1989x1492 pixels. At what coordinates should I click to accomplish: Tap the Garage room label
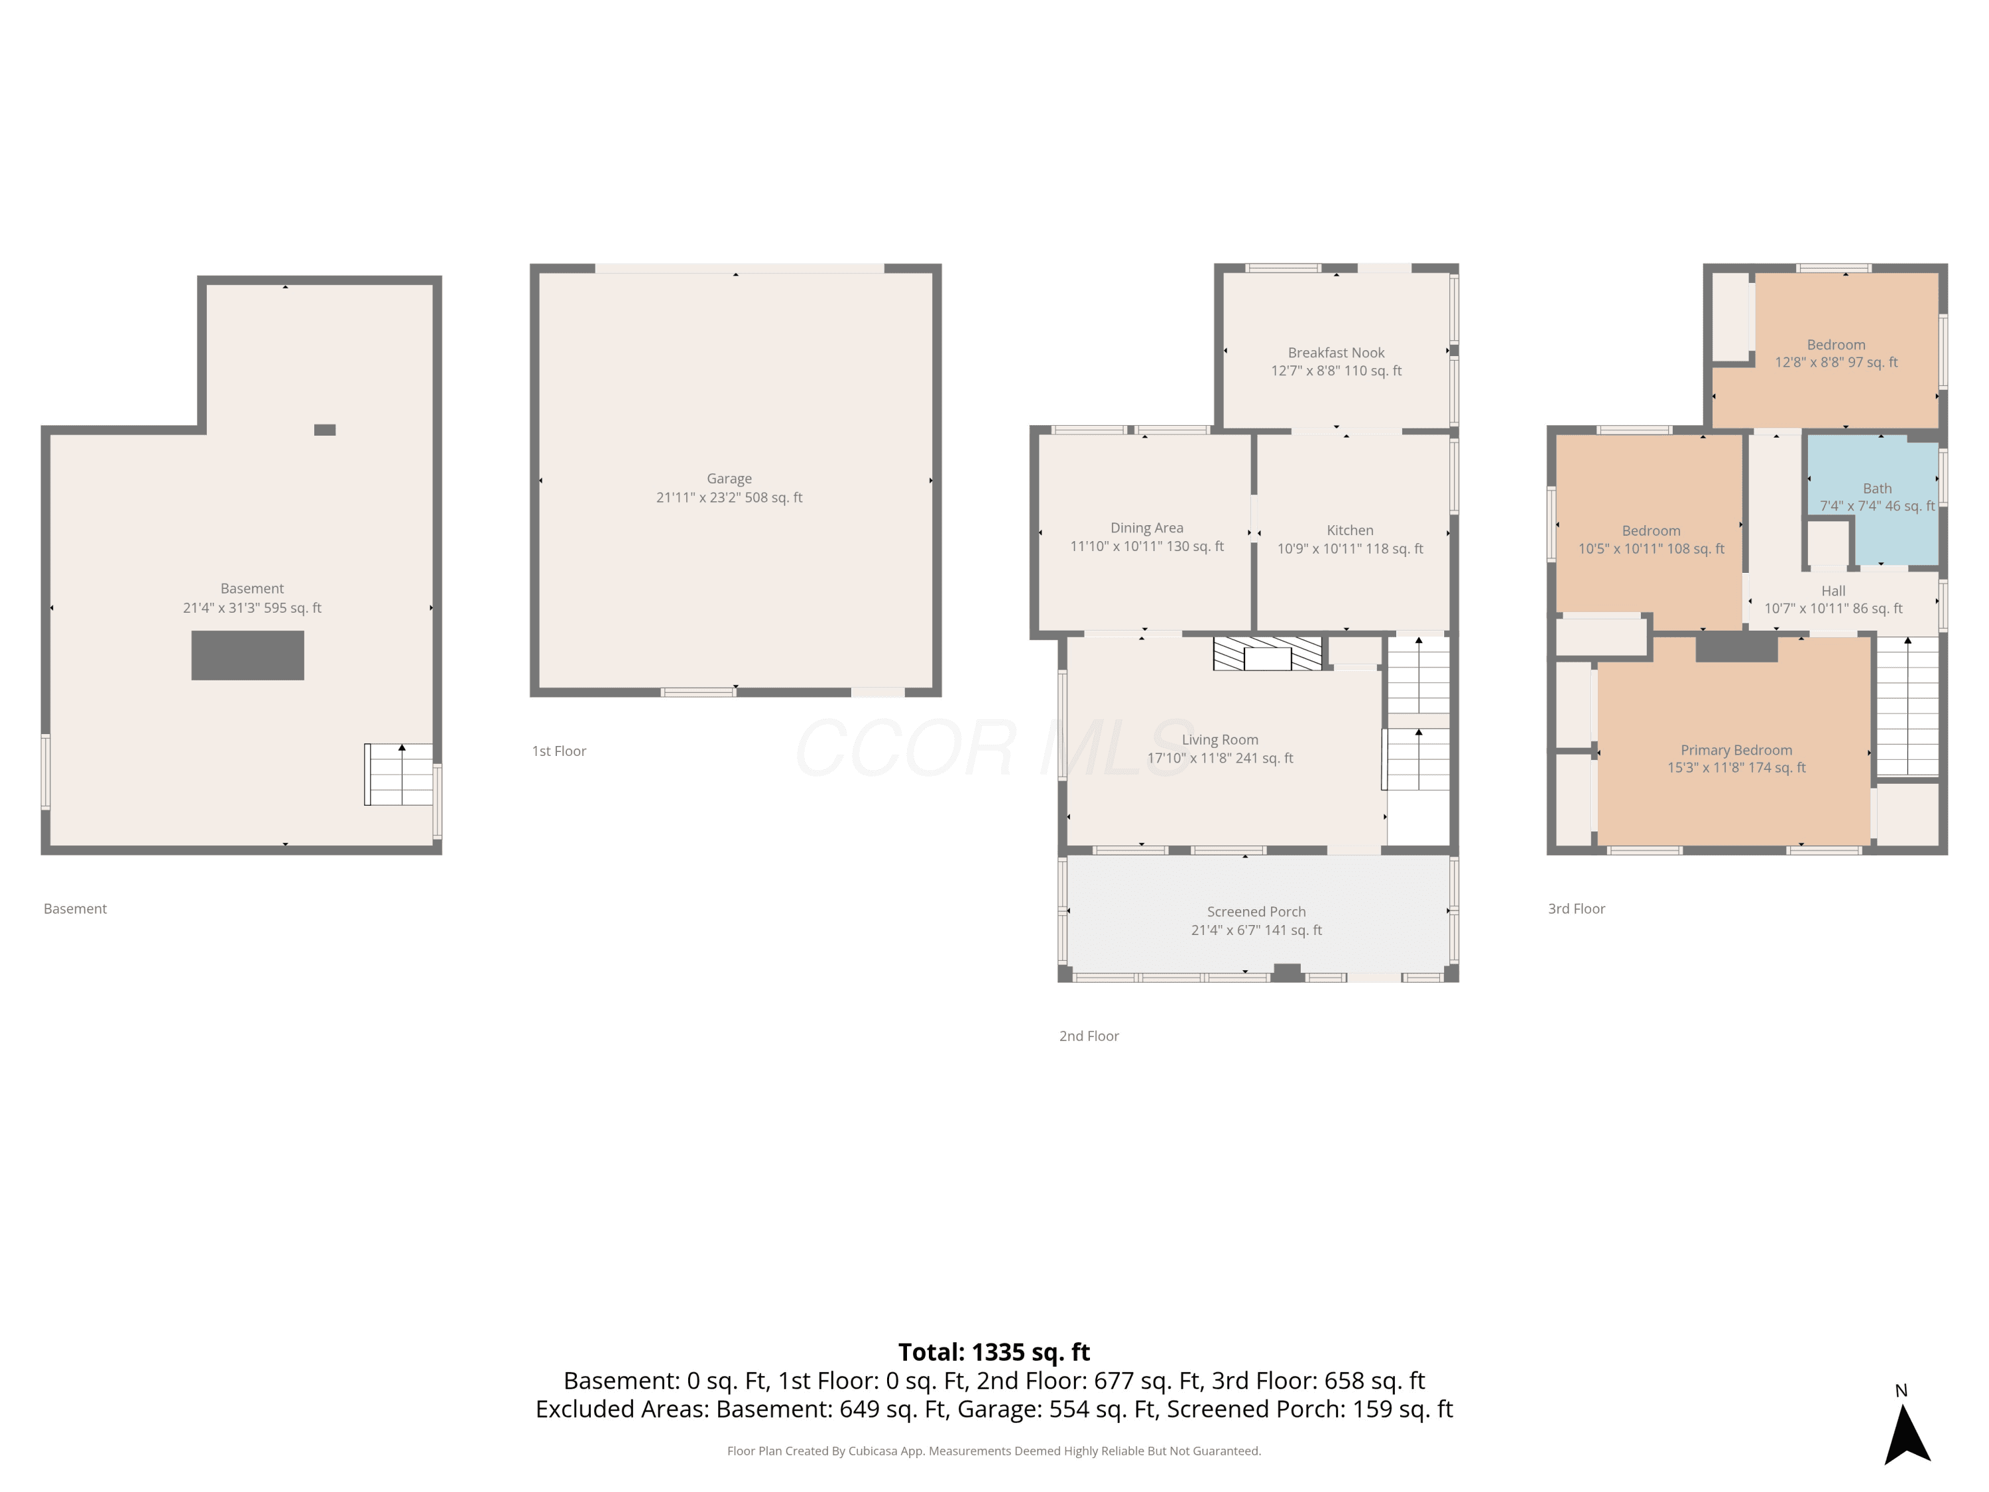[x=729, y=479]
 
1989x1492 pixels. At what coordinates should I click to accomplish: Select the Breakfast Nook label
[x=1336, y=353]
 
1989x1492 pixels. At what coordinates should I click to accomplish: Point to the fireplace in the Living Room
[x=1268, y=654]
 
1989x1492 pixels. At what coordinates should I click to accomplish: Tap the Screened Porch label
[x=1256, y=911]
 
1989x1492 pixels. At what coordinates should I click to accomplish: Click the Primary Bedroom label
[x=1736, y=750]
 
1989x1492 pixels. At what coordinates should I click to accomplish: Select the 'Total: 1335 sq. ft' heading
[x=994, y=1351]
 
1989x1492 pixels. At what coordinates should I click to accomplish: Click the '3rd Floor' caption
[x=1576, y=908]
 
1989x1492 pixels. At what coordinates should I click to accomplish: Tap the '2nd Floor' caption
[x=1089, y=1036]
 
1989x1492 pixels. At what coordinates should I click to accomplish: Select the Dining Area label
[x=1146, y=528]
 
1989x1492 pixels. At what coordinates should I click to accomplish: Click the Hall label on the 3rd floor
[x=1833, y=591]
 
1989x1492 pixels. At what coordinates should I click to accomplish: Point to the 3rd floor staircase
[x=1907, y=706]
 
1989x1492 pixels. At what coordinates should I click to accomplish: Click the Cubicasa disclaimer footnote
[x=994, y=1451]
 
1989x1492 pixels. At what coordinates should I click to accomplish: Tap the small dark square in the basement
[x=325, y=430]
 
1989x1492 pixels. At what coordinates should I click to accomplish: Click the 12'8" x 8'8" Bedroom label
[x=1836, y=353]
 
